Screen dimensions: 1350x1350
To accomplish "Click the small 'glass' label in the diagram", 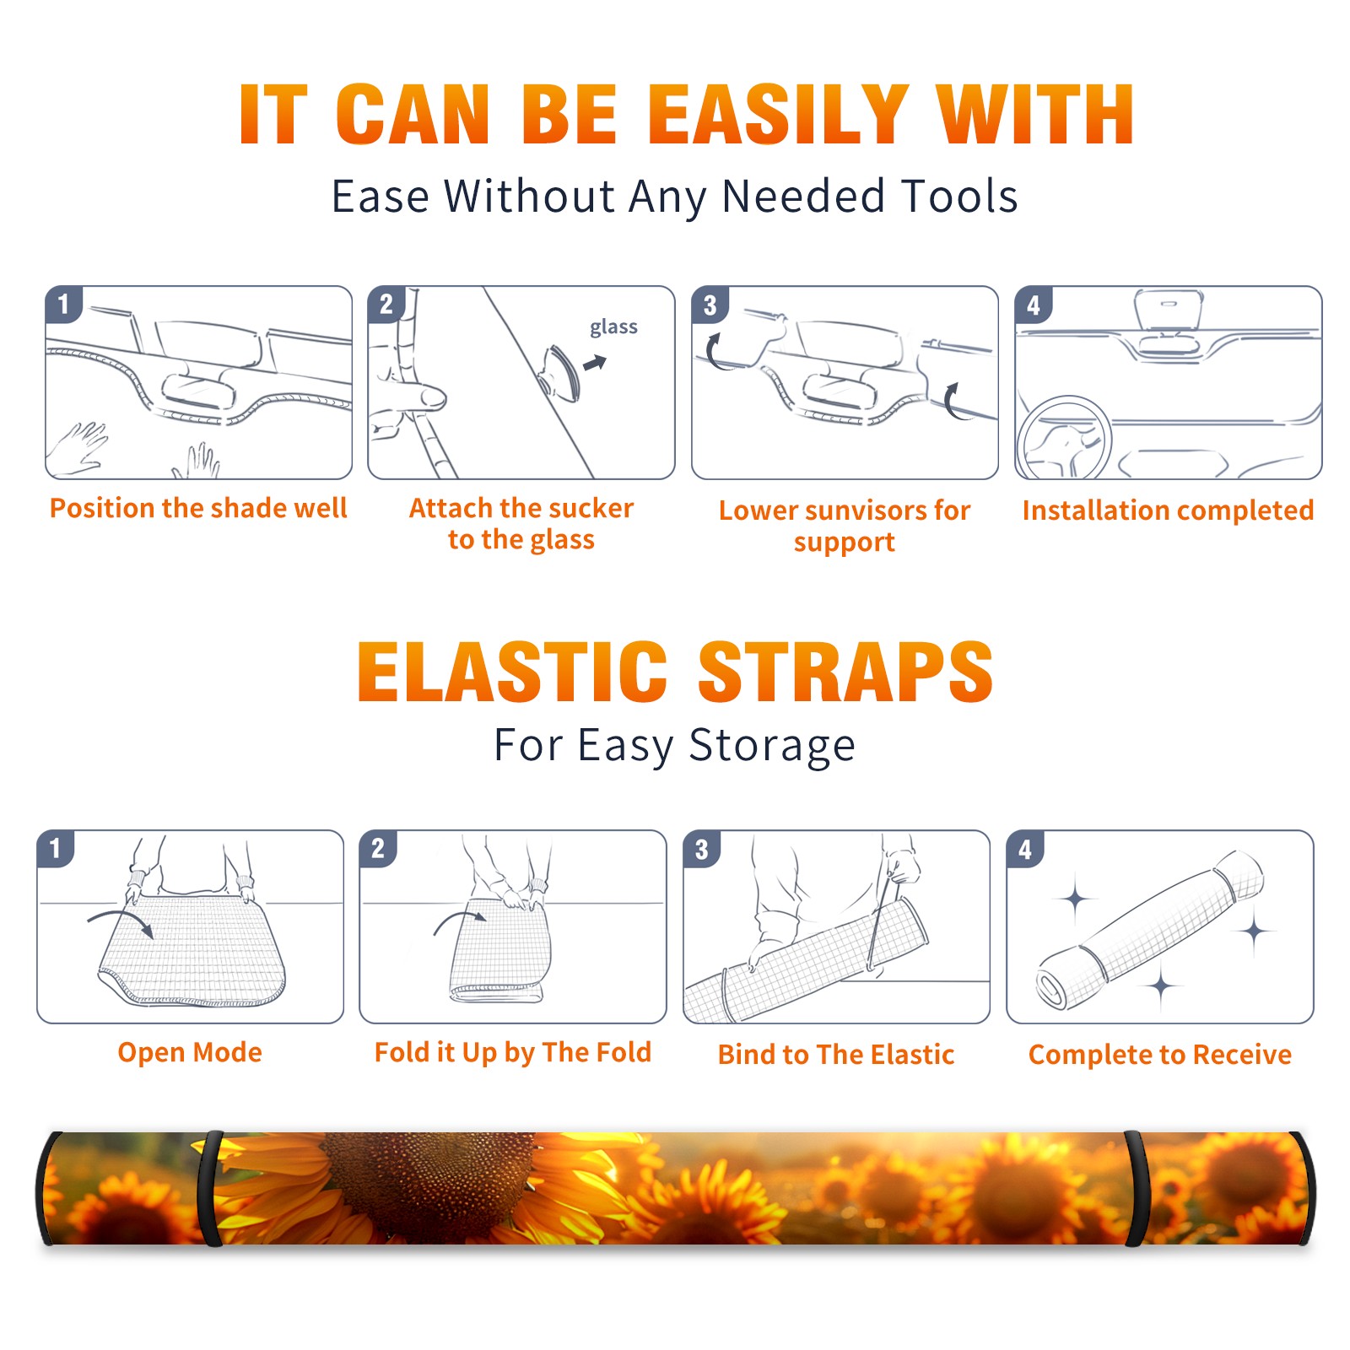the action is [x=613, y=327].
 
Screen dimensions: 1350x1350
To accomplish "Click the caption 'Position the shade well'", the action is [x=198, y=508].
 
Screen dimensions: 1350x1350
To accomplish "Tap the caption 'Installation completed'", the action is [x=1168, y=510].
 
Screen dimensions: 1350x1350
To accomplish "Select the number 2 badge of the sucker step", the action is [x=386, y=304].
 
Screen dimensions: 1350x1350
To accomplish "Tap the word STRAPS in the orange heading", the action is [x=845, y=672].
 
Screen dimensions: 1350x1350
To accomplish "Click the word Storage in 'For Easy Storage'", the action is [x=772, y=747].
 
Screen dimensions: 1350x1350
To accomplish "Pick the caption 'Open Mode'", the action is [x=190, y=1052].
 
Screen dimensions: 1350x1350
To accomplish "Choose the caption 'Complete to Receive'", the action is [x=1160, y=1055].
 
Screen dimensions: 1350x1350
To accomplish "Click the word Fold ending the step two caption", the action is [x=623, y=1052].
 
